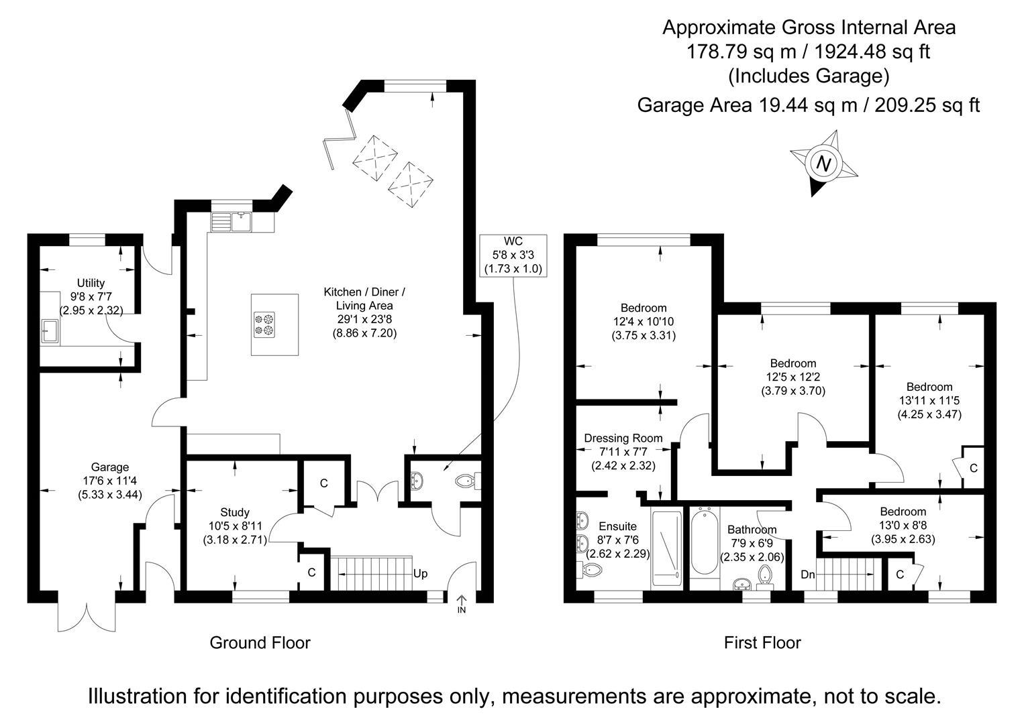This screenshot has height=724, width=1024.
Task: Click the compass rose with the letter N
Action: coord(824,163)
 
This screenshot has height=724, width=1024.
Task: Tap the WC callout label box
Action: coord(513,255)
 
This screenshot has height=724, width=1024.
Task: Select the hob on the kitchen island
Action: coord(264,324)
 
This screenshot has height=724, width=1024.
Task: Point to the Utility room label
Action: coord(91,284)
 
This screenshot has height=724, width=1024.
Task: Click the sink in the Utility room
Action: coord(50,330)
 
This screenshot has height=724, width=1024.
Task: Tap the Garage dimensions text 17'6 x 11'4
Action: coord(110,481)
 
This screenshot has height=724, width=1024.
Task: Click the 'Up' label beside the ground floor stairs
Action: coord(420,574)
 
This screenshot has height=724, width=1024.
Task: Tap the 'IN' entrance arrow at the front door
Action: coord(462,603)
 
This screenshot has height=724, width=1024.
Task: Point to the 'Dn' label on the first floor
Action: coord(807,575)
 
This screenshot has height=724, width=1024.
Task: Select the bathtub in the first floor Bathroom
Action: coord(704,543)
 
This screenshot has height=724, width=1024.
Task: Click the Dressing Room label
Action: coord(623,438)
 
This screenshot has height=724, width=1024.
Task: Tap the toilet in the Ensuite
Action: coord(591,570)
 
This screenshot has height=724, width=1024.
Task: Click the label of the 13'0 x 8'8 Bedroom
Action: coord(903,511)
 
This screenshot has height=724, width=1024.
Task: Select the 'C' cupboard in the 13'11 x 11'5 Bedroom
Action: coord(973,468)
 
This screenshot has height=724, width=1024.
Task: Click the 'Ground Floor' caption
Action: coord(260,643)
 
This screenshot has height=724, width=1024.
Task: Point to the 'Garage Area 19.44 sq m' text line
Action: coord(808,105)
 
